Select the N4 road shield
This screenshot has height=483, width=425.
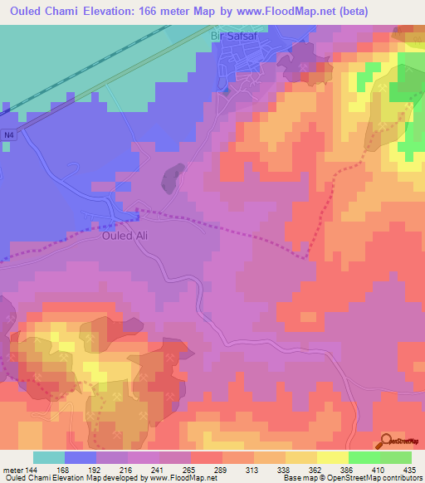(8, 135)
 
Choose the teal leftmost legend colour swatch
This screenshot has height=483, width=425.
(49, 457)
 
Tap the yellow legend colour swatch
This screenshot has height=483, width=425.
(332, 457)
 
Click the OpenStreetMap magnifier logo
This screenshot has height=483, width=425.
(386, 441)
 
